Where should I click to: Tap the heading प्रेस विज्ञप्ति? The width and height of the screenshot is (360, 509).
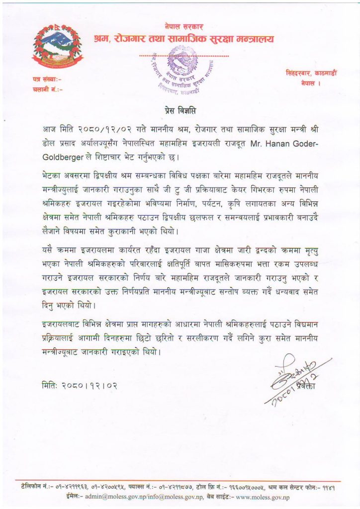(180, 109)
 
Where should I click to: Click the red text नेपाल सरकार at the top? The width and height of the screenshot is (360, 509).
(183, 26)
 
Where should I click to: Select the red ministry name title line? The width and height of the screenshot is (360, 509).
(183, 39)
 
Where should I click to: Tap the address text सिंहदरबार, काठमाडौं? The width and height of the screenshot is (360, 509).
(304, 74)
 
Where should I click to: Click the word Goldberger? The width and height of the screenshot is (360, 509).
(61, 158)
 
